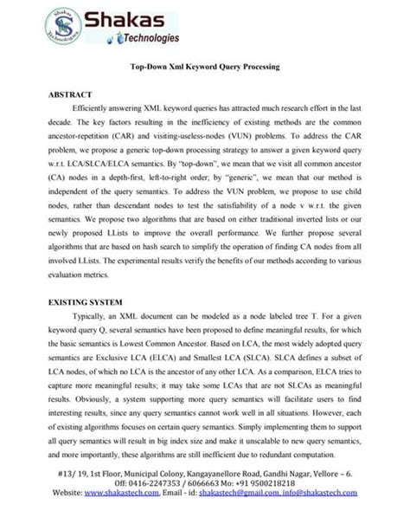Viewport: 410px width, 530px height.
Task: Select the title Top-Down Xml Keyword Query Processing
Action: tap(204, 67)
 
